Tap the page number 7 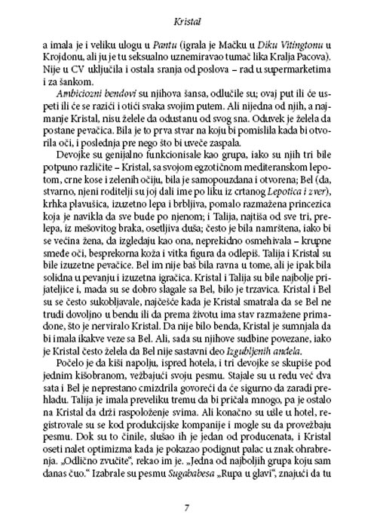click(x=186, y=505)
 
